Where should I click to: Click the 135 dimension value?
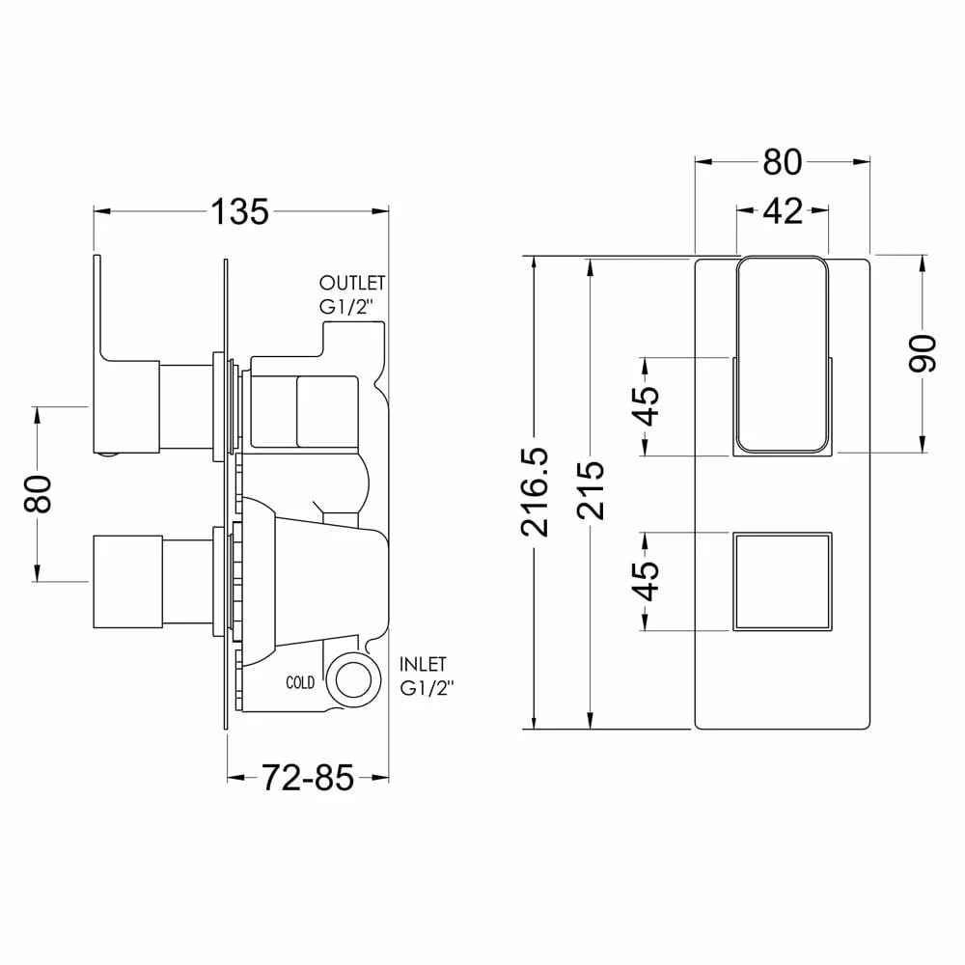[x=240, y=211]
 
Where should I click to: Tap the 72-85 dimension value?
[x=309, y=778]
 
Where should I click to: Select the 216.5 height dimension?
[x=534, y=492]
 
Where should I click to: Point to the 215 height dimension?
[x=591, y=490]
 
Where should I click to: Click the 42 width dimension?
[x=783, y=211]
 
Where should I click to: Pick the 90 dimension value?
[x=922, y=354]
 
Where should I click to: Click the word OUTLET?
[x=352, y=283]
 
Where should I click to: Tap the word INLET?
[x=423, y=665]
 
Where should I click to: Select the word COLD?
[x=300, y=682]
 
